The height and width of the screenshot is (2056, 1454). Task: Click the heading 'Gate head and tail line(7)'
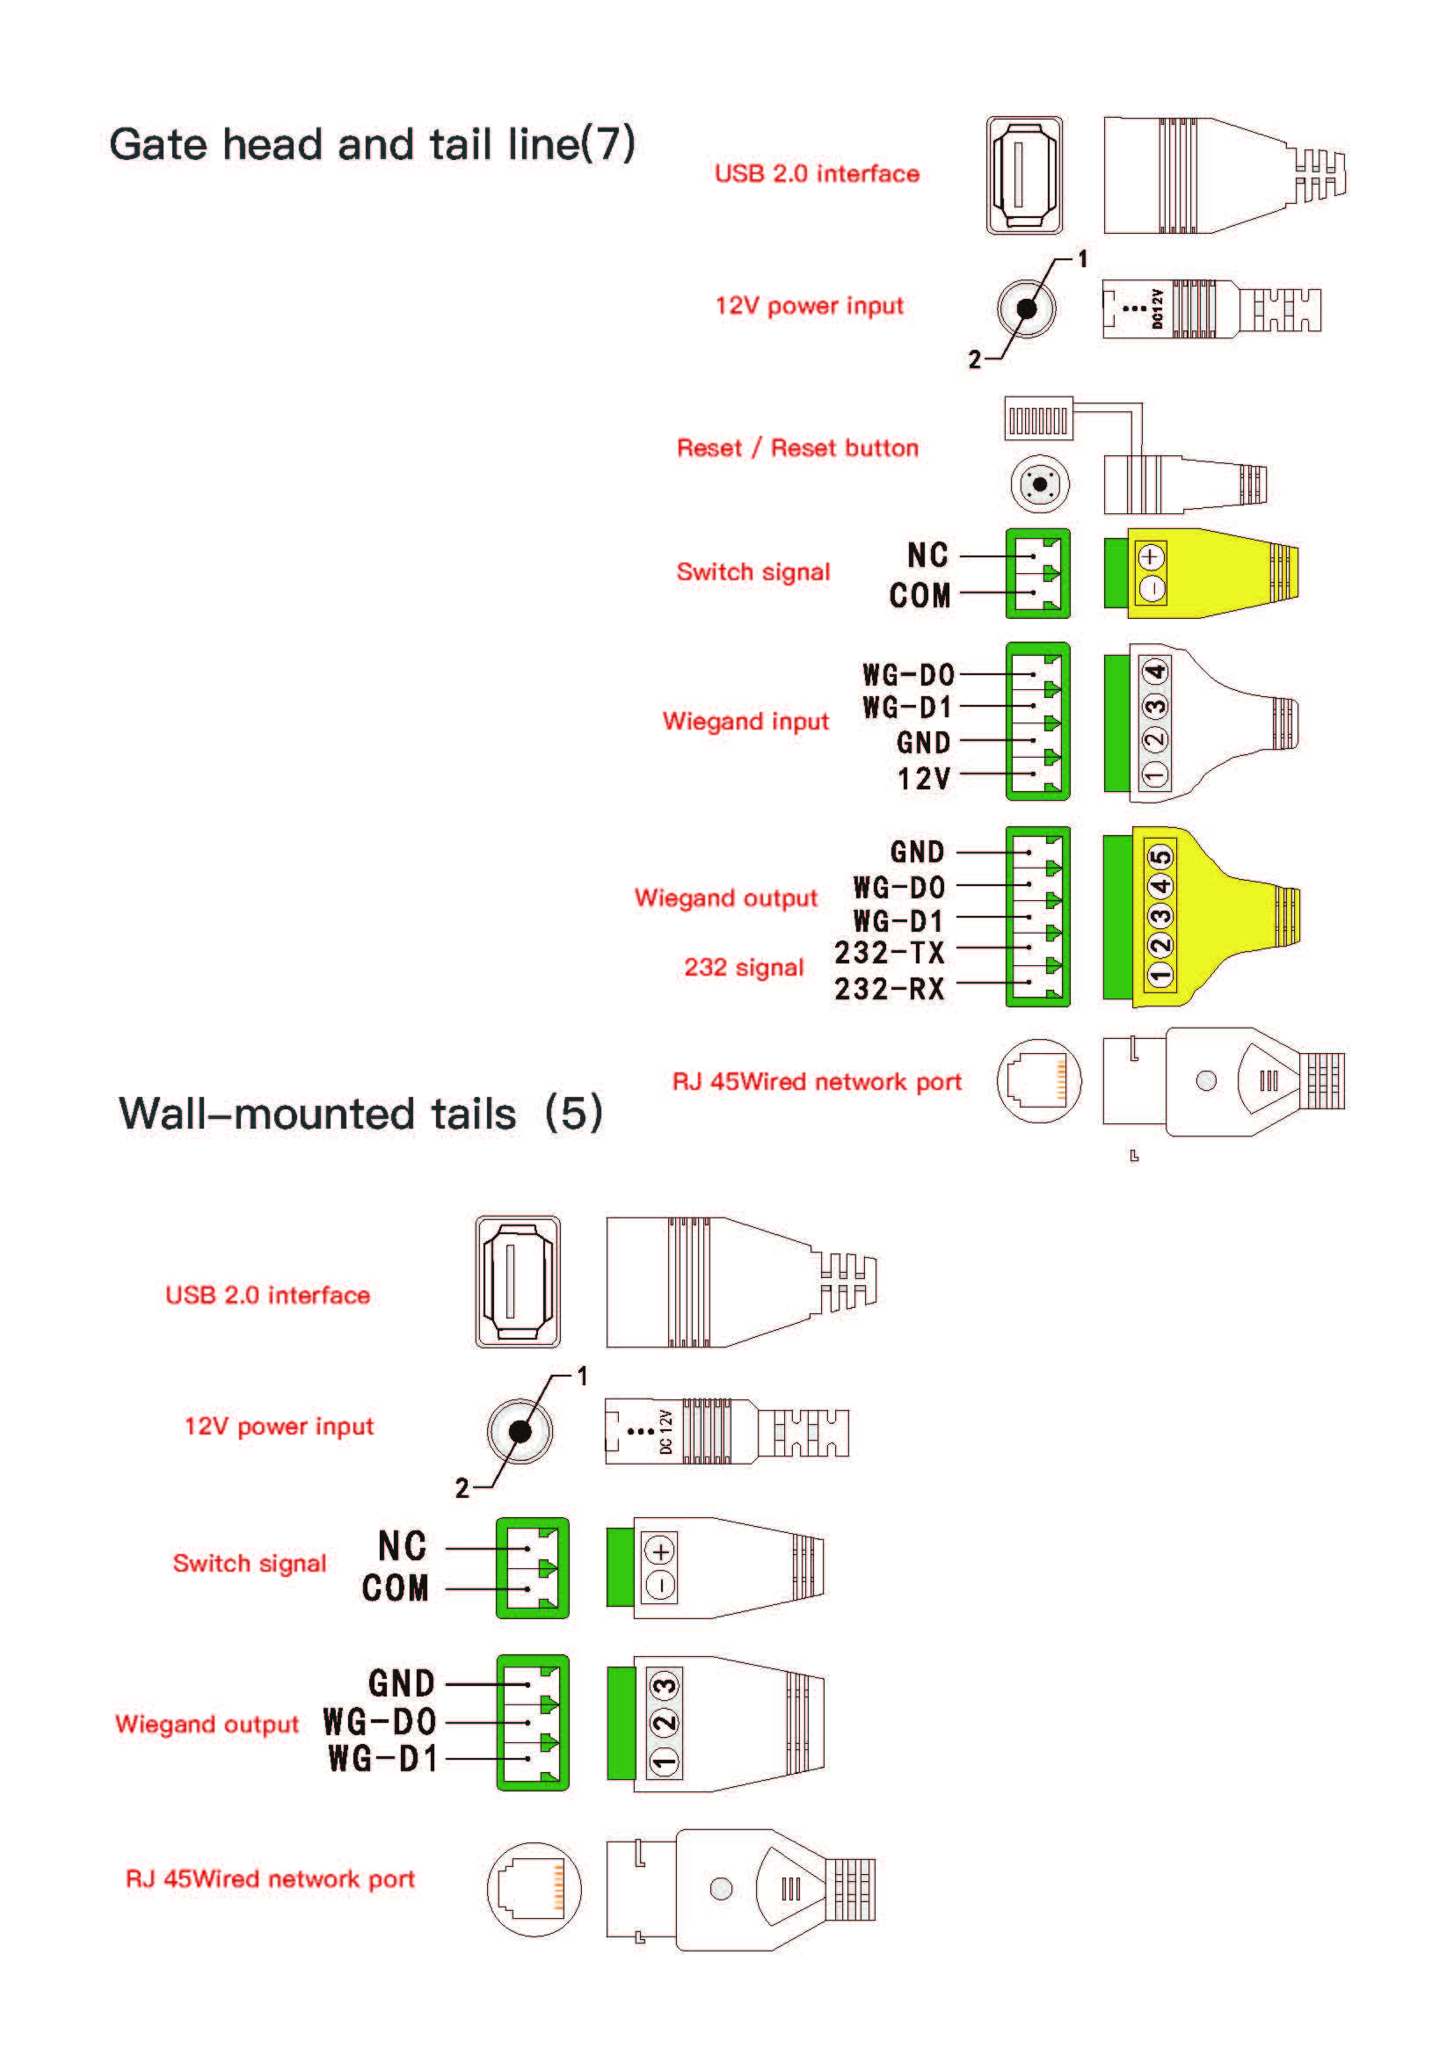(372, 144)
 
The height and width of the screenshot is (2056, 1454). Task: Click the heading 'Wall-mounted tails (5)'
(360, 1114)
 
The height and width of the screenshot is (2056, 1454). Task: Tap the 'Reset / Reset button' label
(796, 447)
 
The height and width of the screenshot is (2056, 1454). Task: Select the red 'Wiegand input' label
(745, 721)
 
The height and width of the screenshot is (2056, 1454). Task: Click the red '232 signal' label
(743, 967)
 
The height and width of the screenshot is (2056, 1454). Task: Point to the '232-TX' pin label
(889, 953)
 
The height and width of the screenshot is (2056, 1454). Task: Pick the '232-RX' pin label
(889, 989)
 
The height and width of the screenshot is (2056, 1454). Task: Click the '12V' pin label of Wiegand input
(924, 778)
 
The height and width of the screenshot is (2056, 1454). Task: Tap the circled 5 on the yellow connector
(1160, 857)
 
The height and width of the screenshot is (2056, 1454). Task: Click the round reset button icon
(1039, 484)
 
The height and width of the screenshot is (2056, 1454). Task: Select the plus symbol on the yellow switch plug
(1152, 556)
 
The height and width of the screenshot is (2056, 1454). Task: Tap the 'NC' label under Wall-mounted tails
(402, 1546)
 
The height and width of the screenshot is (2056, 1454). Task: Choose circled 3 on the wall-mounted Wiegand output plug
(665, 1687)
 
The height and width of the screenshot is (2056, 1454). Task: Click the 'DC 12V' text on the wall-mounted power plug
(665, 1431)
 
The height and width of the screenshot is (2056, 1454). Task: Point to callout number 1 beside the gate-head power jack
(1082, 258)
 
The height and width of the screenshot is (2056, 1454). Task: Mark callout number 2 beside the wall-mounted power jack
(462, 1488)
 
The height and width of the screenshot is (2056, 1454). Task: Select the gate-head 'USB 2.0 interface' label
(817, 173)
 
